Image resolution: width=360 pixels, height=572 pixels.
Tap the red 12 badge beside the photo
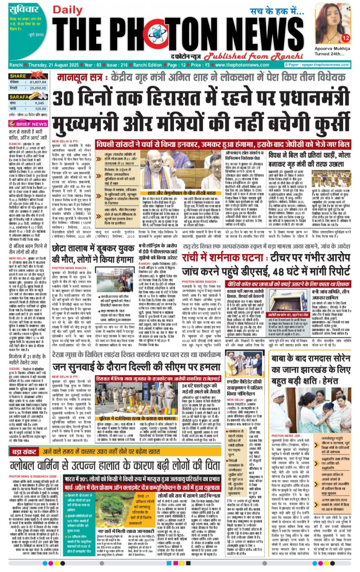[x=345, y=38]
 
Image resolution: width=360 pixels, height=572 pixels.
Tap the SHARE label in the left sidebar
[x=18, y=76]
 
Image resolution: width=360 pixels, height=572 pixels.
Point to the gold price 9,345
[x=39, y=103]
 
